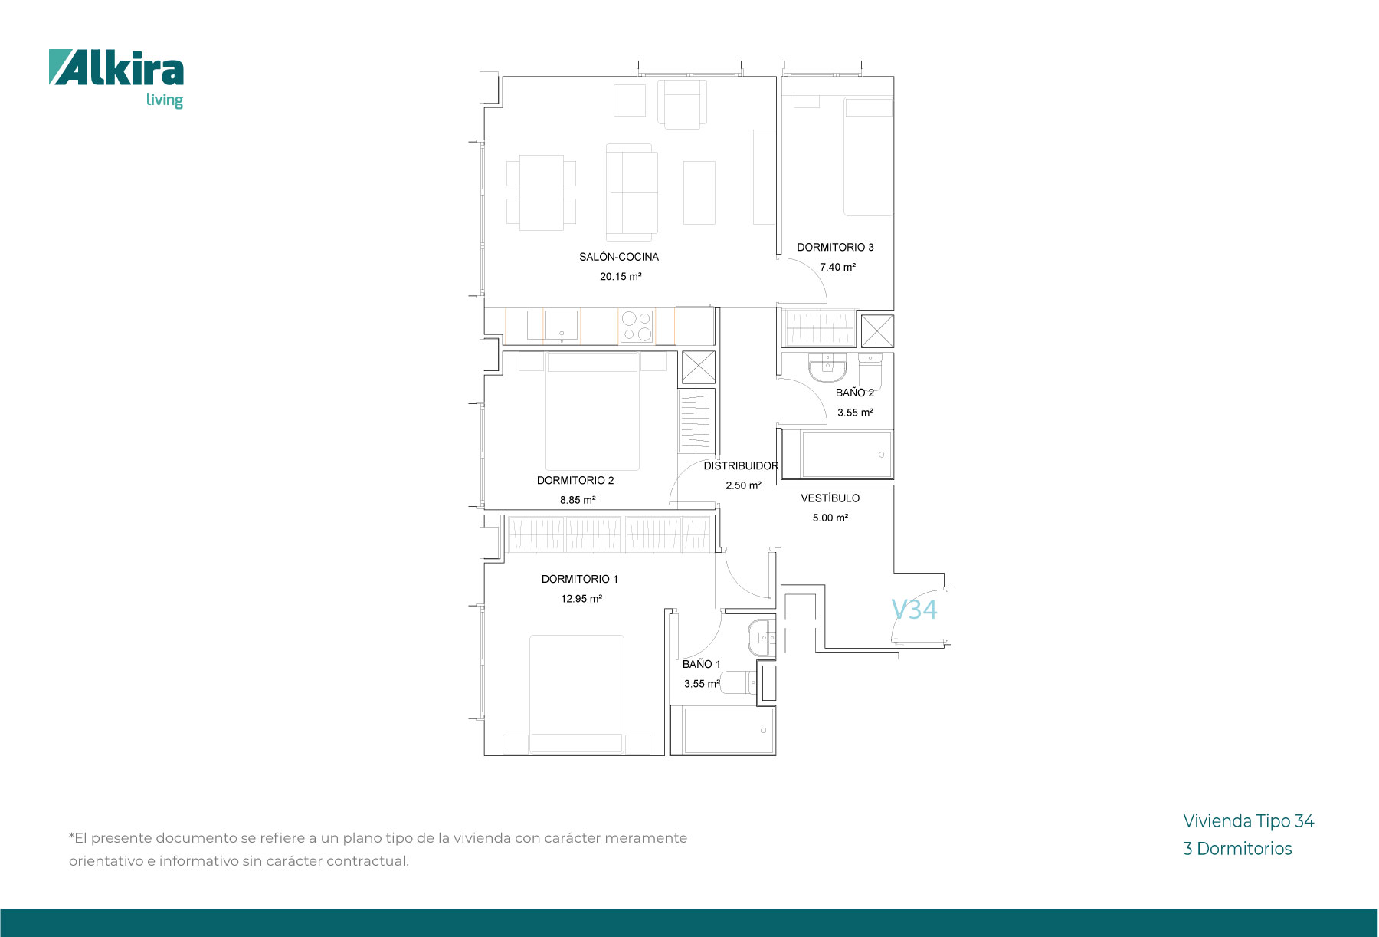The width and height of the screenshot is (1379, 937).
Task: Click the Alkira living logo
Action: coord(116,79)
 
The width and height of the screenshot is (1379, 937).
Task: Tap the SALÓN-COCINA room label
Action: coord(619,257)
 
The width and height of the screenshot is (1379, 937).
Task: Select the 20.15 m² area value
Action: coord(621,277)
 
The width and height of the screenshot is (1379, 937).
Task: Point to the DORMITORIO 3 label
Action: coord(835,248)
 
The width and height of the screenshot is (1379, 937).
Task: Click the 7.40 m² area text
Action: coord(837,268)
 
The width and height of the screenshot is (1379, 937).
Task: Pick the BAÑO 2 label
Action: coord(855,393)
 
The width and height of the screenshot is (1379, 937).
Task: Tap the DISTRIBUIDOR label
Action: coord(741,466)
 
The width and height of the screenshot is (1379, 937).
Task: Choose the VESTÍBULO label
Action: coord(830,498)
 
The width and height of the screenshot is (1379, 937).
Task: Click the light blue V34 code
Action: coord(914,610)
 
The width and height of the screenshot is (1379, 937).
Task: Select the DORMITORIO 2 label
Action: coord(575,481)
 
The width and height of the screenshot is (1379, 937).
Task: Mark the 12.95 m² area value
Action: coord(581,599)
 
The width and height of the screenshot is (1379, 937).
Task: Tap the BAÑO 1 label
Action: coord(702,664)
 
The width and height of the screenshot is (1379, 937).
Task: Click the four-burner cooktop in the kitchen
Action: coord(637,327)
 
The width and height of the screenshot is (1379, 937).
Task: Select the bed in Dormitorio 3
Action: coord(869,156)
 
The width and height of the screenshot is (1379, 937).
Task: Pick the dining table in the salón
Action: coord(542,192)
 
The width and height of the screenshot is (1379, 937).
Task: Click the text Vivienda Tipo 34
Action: coord(1249,821)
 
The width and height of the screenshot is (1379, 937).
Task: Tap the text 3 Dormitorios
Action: coord(1237,849)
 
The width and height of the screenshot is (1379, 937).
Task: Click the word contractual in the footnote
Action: coord(368,861)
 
